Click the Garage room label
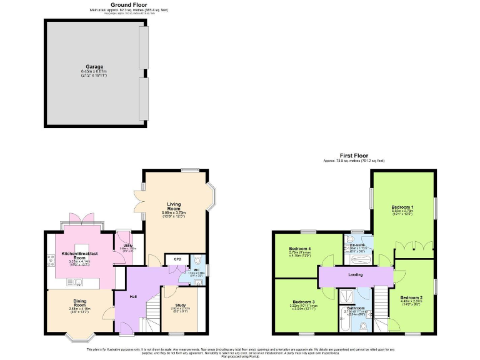pyautogui.click(x=94, y=67)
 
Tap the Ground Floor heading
pyautogui.click(x=129, y=6)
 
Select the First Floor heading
pyautogui.click(x=354, y=156)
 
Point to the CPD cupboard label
pyautogui.click(x=177, y=259)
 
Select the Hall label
pyautogui.click(x=133, y=296)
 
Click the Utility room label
pyautogui.click(x=127, y=246)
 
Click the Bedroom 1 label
pyautogui.click(x=402, y=206)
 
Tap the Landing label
pyautogui.click(x=354, y=274)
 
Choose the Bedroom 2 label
pyautogui.click(x=411, y=297)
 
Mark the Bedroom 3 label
pyautogui.click(x=304, y=302)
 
